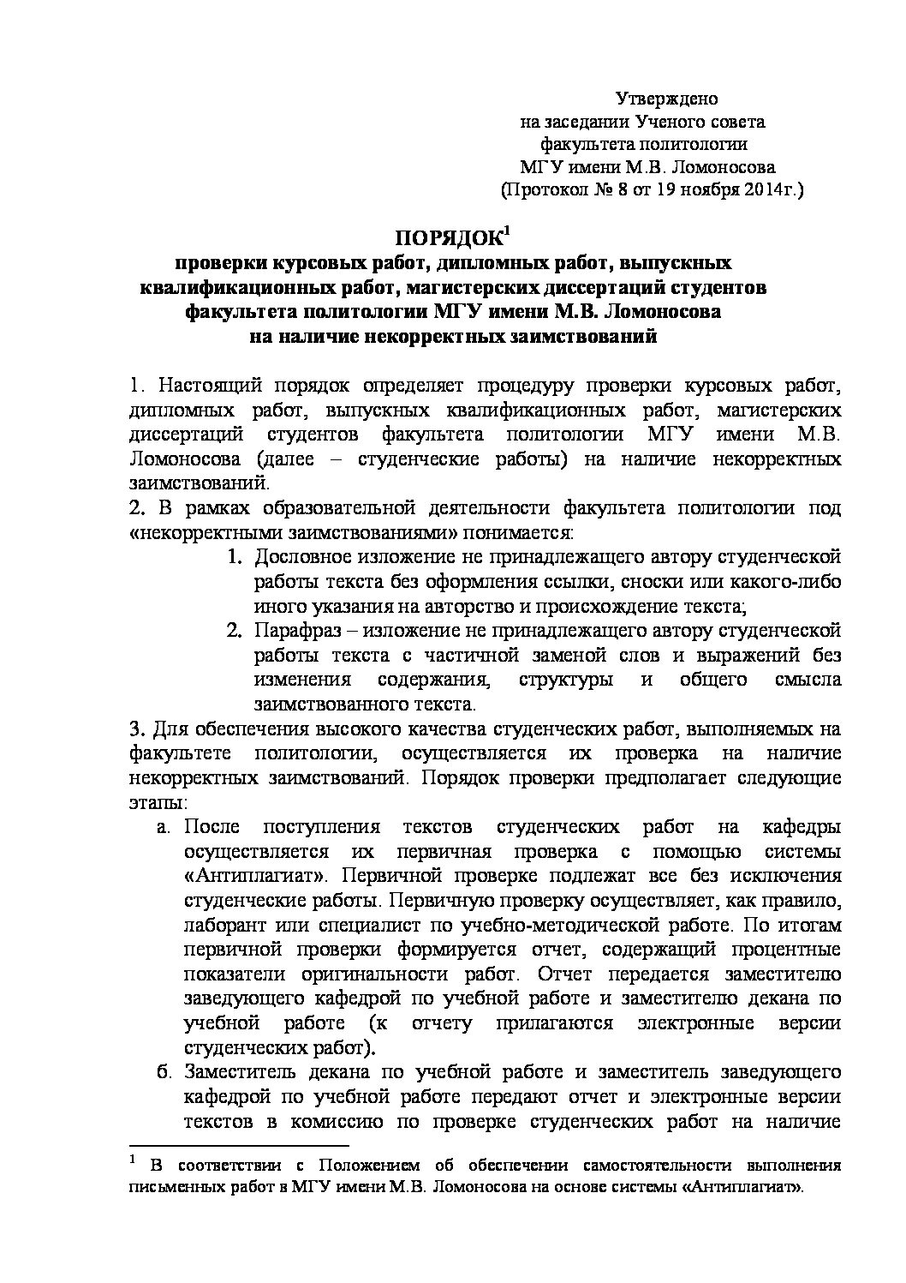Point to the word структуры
click(566, 680)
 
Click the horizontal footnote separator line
click(239, 1145)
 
